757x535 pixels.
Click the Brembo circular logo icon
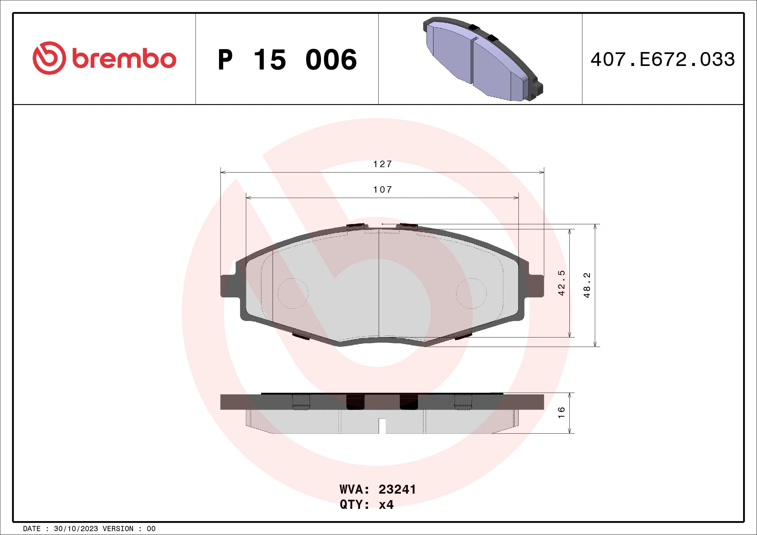point(49,58)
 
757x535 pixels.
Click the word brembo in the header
point(124,59)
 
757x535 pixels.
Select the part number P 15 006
point(287,59)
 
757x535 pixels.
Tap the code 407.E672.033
point(663,59)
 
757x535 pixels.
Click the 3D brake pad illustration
point(483,59)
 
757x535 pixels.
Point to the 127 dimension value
point(382,164)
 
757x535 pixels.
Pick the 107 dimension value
point(382,190)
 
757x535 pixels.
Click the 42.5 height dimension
point(562,283)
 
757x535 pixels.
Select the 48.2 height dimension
point(587,285)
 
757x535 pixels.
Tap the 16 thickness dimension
point(562,413)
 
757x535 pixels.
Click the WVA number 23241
point(397,489)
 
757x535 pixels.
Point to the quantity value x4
point(386,505)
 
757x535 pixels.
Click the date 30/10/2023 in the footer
point(76,529)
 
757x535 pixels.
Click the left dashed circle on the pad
point(293,293)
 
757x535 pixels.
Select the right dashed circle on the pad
point(471,293)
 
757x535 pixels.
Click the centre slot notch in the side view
point(382,425)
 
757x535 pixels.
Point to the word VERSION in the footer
point(118,529)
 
